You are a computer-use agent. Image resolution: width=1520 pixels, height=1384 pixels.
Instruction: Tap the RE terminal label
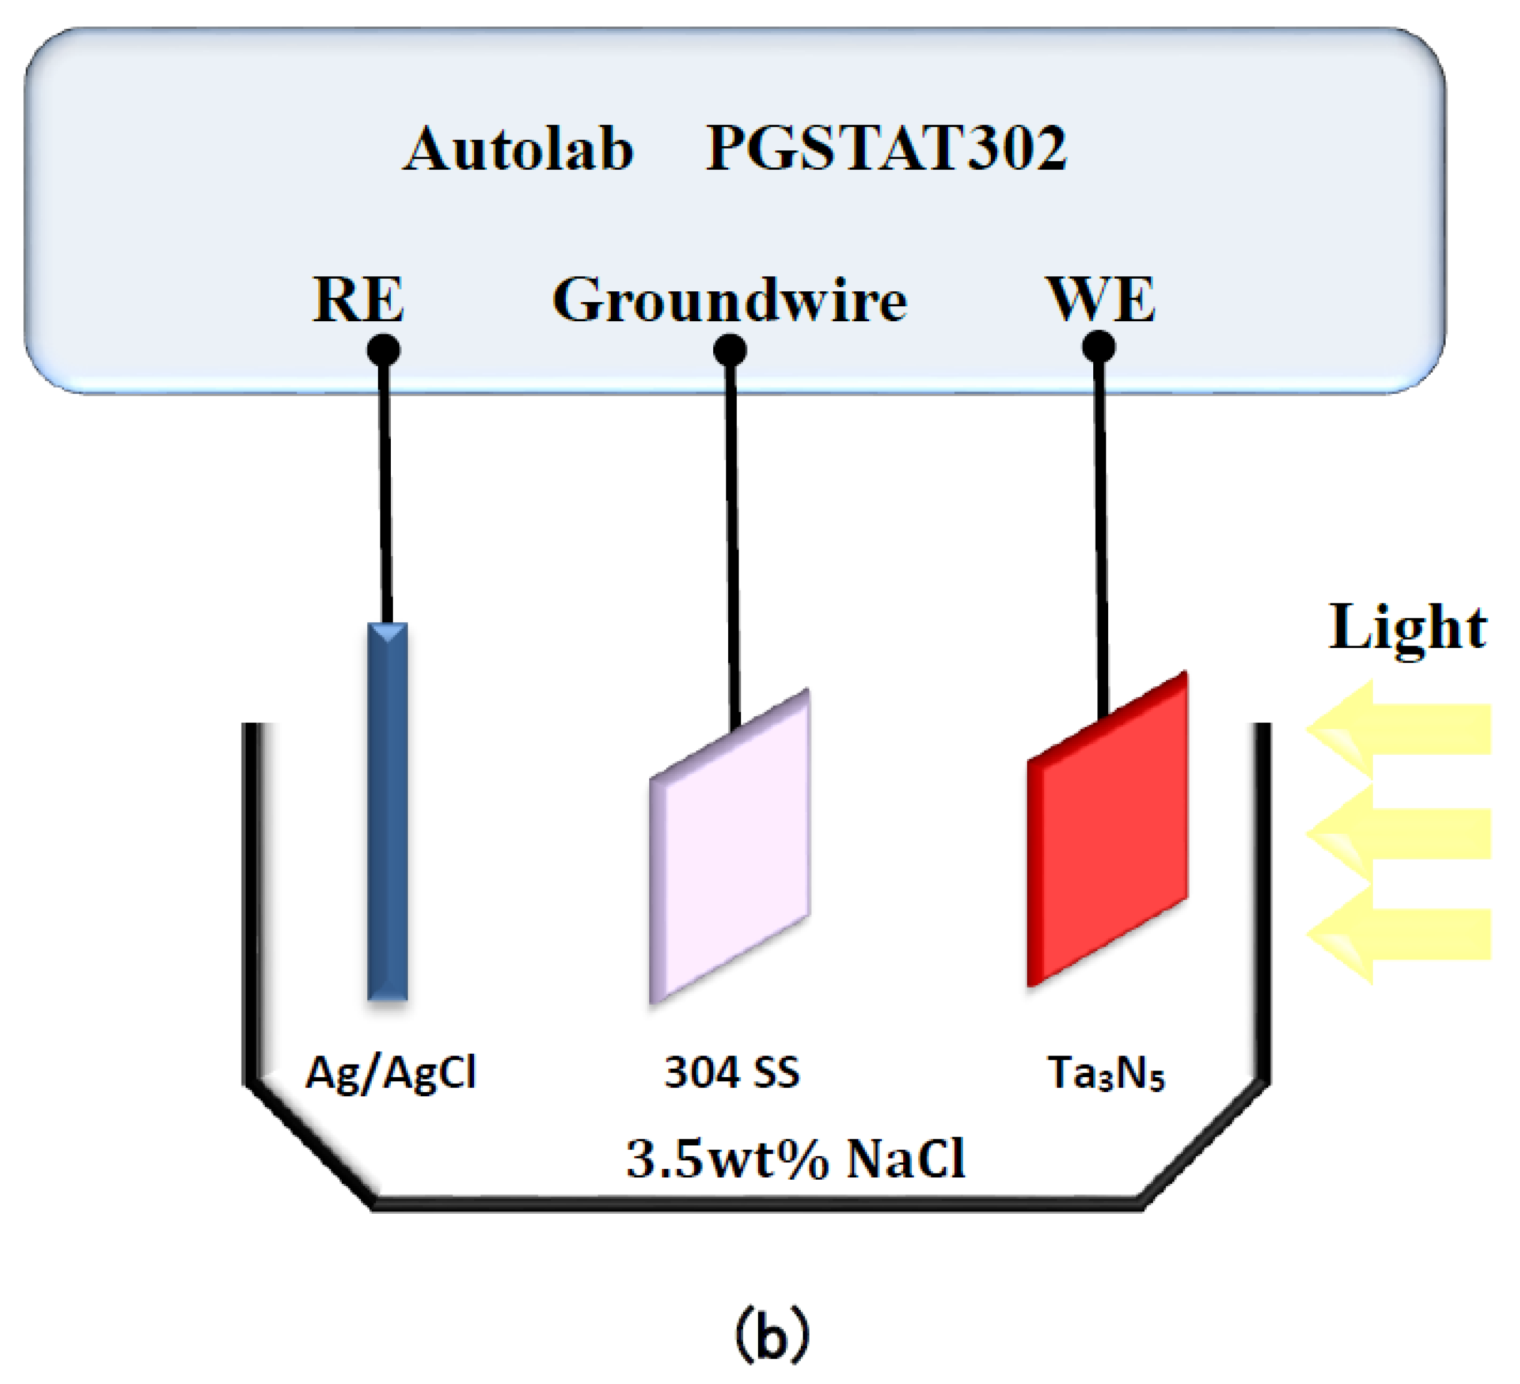click(x=358, y=300)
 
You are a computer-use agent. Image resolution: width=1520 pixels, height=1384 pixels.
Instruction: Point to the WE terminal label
click(x=1101, y=300)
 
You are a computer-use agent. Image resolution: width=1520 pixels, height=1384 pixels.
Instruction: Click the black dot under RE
click(x=383, y=351)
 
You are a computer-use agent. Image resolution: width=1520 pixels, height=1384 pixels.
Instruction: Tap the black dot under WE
click(x=1099, y=348)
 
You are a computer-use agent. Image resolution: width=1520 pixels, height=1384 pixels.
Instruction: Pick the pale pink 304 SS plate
click(x=730, y=846)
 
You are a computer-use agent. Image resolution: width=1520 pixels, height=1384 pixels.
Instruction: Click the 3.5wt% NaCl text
click(x=795, y=1159)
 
